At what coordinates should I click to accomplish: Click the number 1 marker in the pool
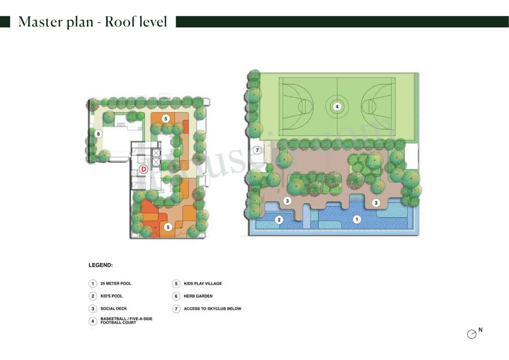coord(357,219)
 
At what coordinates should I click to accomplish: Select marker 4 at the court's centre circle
coord(337,107)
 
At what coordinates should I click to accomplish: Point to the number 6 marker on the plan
coord(98,134)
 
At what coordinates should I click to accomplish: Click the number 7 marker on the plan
coord(257,150)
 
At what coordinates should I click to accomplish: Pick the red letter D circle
coord(144,169)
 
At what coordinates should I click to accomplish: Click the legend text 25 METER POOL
coord(116,284)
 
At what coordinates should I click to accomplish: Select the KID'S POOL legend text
coord(112,296)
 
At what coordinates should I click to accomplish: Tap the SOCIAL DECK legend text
coord(114,309)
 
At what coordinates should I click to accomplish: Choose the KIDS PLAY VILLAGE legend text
coord(203,284)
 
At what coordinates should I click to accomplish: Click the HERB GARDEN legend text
coord(198,296)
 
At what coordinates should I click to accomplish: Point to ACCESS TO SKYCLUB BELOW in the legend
coord(212,309)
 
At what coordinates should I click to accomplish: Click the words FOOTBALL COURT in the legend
coord(118,323)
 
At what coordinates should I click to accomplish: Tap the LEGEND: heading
coord(101,265)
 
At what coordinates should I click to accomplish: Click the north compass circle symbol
coord(472,335)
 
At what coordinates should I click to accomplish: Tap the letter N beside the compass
coord(480,330)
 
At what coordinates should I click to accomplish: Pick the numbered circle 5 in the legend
coord(176,284)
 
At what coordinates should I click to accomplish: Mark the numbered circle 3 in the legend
coord(92,309)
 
